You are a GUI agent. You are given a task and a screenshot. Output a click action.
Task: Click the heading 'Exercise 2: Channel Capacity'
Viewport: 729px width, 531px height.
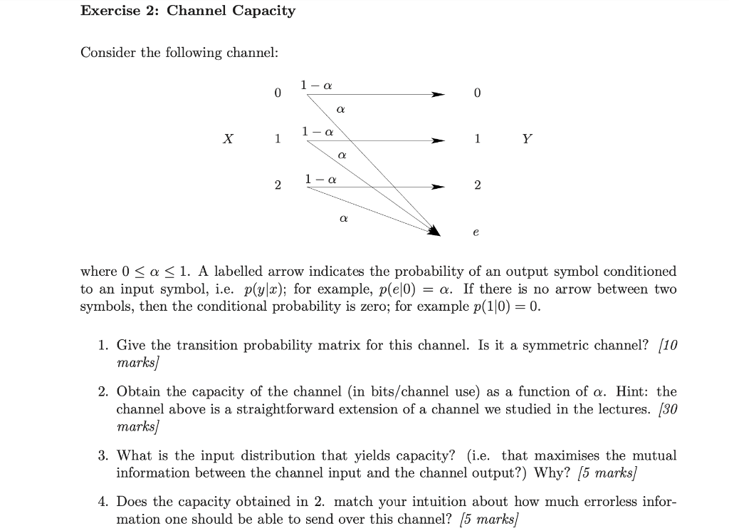(187, 11)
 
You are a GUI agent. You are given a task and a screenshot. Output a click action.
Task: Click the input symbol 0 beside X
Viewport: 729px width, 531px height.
(278, 93)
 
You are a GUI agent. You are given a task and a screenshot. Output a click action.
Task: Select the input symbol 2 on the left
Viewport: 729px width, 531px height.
(278, 185)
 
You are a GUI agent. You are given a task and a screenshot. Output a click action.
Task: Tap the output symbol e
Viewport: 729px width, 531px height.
(476, 232)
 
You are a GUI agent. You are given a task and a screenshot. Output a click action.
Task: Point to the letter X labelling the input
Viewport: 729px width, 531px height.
(227, 140)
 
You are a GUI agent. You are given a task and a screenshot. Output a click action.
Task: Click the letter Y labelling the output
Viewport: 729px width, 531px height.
(526, 140)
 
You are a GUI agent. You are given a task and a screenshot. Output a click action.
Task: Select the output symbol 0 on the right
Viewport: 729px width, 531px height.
(477, 93)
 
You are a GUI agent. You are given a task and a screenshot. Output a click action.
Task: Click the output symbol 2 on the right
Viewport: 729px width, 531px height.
(477, 185)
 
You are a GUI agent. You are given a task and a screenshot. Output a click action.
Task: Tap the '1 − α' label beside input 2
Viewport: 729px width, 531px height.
(320, 178)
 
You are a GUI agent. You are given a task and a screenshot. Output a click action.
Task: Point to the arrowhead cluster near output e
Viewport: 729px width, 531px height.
(434, 229)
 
